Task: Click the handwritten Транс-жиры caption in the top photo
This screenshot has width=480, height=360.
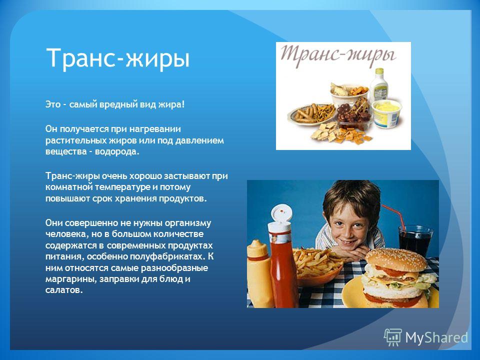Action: pos(338,55)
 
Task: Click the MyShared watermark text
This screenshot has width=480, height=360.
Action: pos(436,337)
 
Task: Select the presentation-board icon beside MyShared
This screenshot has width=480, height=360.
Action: pos(393,337)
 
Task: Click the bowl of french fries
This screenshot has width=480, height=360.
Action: pos(318,266)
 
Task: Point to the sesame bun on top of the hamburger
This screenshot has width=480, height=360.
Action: pos(397,259)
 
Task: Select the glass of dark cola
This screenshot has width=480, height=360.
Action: pos(415,241)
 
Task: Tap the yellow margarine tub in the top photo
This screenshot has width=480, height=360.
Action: pos(387,113)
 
